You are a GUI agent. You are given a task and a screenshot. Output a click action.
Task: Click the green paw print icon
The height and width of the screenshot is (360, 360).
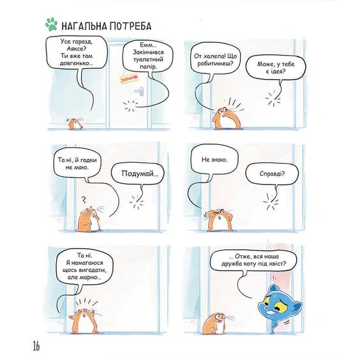pos(51,24)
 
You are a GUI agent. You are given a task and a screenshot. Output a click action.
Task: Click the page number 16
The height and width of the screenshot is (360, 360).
pos(36,346)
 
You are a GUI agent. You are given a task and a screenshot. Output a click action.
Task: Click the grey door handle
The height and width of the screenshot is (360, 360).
pos(140,91)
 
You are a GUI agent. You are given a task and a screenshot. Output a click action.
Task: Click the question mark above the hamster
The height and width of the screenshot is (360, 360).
pos(84,200)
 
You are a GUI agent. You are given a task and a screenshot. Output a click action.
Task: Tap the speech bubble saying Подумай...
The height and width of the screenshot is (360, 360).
pos(139,174)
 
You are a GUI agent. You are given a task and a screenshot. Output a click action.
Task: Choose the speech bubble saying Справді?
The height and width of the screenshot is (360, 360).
pos(272,174)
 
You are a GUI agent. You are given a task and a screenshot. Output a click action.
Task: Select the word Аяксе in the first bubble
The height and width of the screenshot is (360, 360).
pos(77,49)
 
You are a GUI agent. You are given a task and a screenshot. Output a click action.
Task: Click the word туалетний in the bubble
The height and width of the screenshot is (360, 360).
pos(148,59)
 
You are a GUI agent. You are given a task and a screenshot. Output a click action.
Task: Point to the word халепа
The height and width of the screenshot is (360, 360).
pos(213,56)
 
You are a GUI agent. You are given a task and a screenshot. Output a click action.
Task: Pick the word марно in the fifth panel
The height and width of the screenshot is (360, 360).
pos(89,277)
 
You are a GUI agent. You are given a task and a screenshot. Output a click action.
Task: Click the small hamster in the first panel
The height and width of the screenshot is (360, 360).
pos(75,124)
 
